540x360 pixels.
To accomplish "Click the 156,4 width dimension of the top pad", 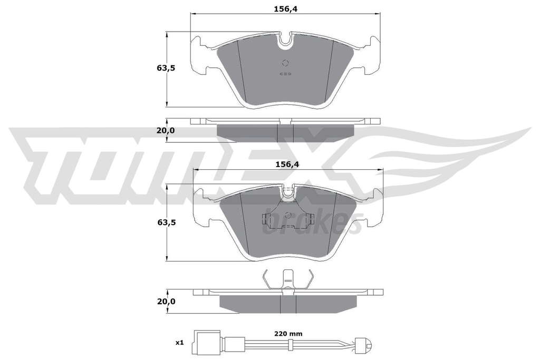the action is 285,9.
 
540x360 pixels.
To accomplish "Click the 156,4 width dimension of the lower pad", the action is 286,164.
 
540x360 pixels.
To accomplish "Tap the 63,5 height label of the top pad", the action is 166,68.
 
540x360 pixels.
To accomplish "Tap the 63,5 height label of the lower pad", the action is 166,222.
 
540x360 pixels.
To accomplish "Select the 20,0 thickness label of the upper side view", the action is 166,130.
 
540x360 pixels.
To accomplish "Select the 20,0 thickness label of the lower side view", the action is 166,301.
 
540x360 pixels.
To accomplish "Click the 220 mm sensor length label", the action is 288,334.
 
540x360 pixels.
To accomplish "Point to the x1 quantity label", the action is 180,343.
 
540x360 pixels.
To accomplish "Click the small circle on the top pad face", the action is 285,63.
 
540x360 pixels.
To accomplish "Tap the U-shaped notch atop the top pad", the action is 285,40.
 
